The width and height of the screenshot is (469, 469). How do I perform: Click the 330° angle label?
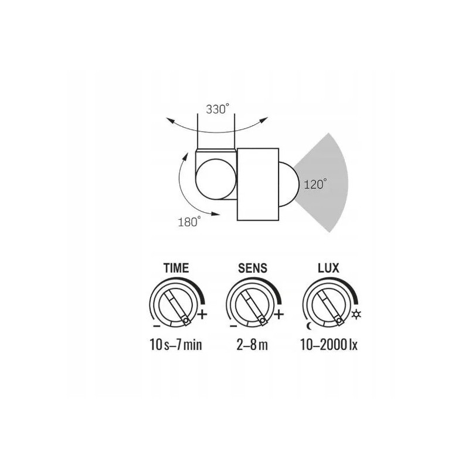tap(217, 109)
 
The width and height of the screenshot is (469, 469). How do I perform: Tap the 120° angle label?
tap(315, 184)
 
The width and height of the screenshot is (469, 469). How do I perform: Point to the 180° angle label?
tap(189, 222)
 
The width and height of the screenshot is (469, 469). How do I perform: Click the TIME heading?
tap(176, 268)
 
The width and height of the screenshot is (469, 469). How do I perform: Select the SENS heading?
tap(253, 269)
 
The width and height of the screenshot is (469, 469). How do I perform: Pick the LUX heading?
tap(328, 269)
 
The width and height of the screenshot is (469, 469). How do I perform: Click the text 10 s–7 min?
tap(176, 345)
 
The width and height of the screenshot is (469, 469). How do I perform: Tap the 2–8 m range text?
tap(252, 345)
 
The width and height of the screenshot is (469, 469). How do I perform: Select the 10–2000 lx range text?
tap(329, 345)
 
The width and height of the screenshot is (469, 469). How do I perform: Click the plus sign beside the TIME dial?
tap(202, 314)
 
